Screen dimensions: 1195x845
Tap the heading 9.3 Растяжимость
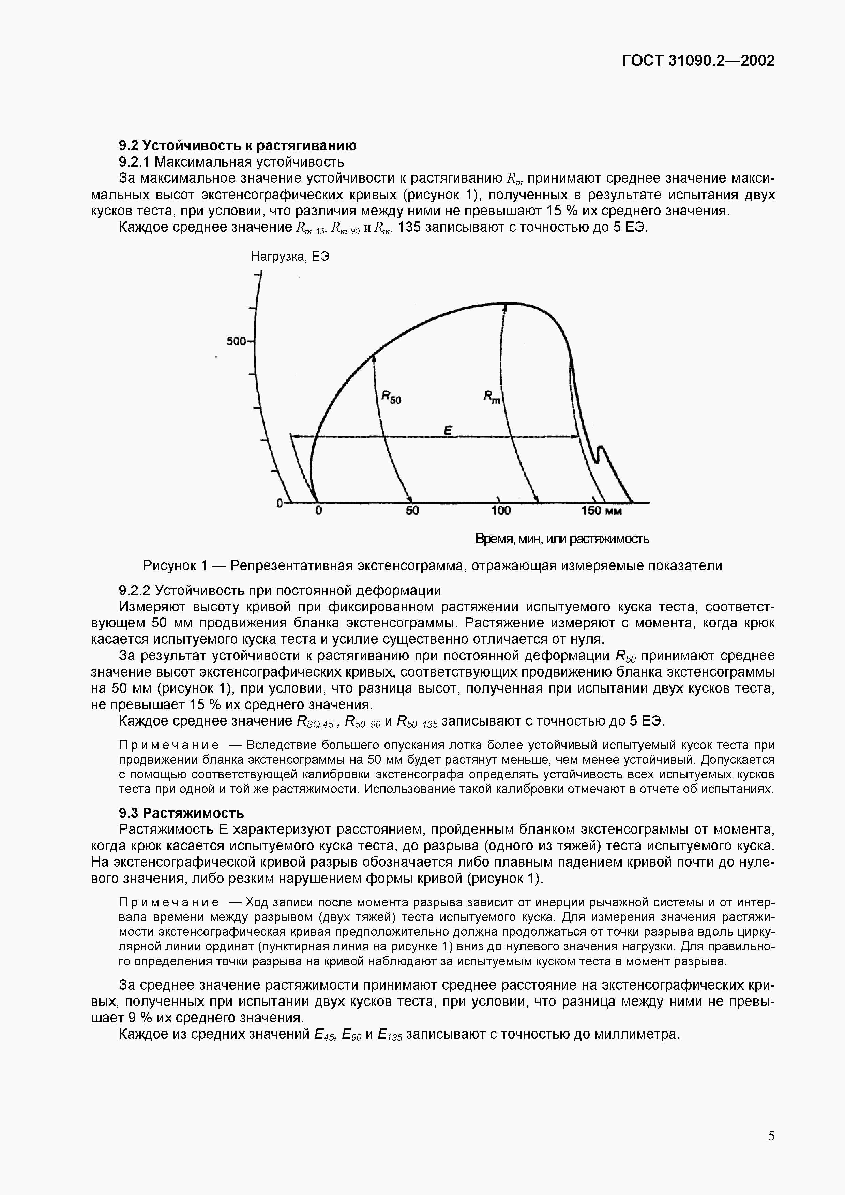pyautogui.click(x=181, y=813)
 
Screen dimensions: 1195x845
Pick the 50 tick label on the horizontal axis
pyautogui.click(x=412, y=511)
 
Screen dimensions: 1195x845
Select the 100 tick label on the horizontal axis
pyautogui.click(x=501, y=511)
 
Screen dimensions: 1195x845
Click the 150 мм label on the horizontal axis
pyautogui.click(x=601, y=511)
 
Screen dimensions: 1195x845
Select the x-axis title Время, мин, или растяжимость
pyautogui.click(x=562, y=539)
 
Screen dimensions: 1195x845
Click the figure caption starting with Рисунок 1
pyautogui.click(x=432, y=566)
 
